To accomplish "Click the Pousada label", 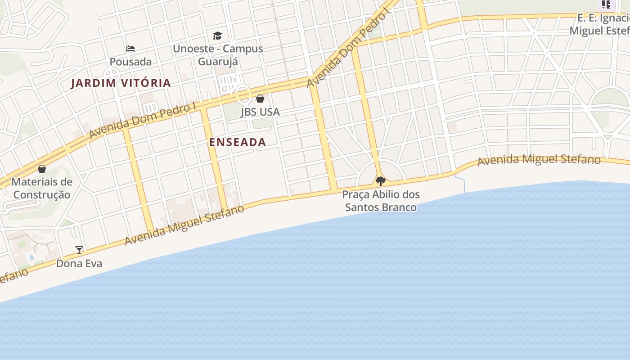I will (x=130, y=62).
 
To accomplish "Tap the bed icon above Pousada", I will (x=130, y=48).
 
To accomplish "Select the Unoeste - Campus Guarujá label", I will (x=218, y=55).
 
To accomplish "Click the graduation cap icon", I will (x=218, y=36).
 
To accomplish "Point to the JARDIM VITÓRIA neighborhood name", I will (x=121, y=83).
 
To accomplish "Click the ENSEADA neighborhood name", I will (x=238, y=142).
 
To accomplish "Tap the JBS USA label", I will (x=260, y=112).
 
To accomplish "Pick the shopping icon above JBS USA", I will (x=260, y=98).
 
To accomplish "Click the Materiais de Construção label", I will (x=42, y=188).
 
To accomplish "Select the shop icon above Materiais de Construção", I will (x=42, y=169).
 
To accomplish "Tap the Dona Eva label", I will (x=79, y=263).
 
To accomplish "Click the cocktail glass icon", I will (x=79, y=250).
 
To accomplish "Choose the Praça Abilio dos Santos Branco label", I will (x=381, y=201).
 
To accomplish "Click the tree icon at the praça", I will (x=381, y=181).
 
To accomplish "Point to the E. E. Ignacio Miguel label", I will (x=601, y=24).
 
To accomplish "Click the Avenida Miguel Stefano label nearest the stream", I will (x=539, y=160).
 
